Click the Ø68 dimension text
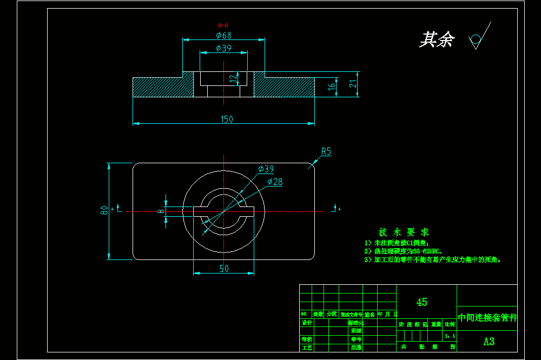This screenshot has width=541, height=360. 223,35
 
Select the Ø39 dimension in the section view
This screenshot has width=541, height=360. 223,48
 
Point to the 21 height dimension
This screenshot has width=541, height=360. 352,84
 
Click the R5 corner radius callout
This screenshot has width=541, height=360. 326,152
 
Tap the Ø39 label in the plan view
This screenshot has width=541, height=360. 266,169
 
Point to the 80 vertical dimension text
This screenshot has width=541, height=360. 104,211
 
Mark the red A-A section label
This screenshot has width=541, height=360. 223,25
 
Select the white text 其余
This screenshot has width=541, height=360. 437,39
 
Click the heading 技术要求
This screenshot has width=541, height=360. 404,232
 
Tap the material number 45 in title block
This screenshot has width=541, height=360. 421,302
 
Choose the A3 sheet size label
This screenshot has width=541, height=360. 489,341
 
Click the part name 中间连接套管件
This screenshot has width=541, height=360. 487,318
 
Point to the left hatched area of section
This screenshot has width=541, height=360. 162,87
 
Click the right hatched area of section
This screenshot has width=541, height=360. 284,87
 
